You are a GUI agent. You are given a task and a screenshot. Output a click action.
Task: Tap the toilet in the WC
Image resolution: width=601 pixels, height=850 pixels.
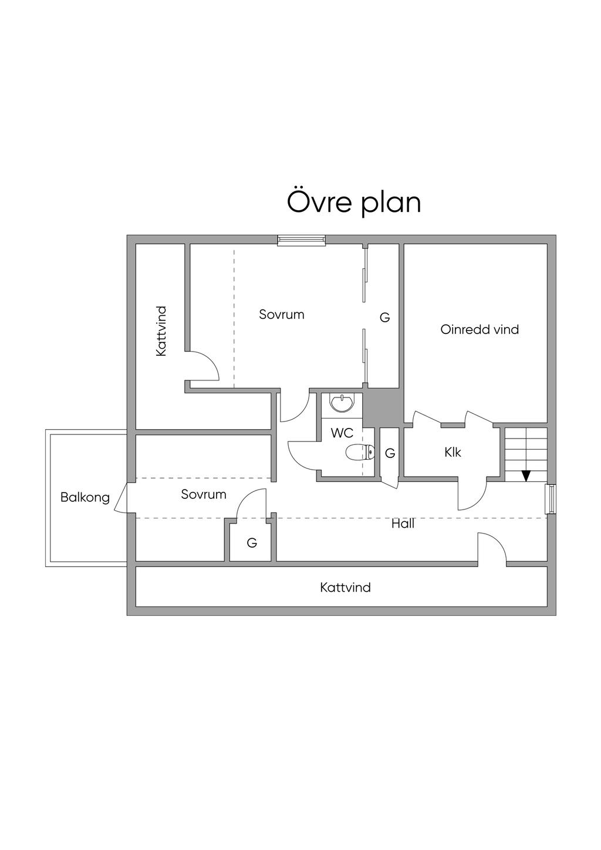click(360, 451)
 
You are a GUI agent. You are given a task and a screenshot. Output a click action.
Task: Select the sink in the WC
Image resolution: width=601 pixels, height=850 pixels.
click(342, 403)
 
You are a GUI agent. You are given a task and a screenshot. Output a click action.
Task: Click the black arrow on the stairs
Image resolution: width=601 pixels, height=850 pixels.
click(526, 476)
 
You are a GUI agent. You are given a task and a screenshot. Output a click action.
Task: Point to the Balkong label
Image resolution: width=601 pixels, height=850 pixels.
click(85, 497)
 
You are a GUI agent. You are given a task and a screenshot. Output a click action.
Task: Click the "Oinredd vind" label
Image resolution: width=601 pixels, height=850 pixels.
click(480, 329)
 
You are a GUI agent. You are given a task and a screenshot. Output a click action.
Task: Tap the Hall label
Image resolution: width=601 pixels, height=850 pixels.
click(403, 524)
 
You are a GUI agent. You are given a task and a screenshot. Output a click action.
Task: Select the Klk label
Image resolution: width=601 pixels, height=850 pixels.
click(453, 453)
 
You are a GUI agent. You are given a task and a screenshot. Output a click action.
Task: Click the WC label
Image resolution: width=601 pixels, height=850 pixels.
click(342, 433)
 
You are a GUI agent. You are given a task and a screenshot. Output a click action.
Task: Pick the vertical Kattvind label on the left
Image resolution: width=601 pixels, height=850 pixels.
click(161, 331)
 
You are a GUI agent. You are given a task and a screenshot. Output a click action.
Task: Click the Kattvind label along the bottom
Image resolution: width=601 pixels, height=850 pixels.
click(345, 588)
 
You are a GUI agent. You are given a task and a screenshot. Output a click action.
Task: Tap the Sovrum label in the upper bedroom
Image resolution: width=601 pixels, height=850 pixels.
click(282, 315)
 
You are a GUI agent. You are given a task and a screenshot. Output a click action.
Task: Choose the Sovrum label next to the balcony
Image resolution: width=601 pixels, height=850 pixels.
click(204, 494)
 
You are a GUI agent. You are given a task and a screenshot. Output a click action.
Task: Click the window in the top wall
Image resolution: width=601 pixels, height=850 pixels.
click(301, 240)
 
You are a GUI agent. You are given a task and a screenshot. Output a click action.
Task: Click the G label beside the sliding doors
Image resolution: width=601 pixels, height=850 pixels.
click(385, 318)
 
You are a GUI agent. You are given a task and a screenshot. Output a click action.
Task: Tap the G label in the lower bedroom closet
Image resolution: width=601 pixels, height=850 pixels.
click(252, 543)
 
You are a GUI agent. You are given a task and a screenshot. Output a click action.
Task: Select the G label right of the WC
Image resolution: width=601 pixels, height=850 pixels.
click(390, 453)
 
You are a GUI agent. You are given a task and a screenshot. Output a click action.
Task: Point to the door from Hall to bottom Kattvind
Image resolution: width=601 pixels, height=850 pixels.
click(492, 549)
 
